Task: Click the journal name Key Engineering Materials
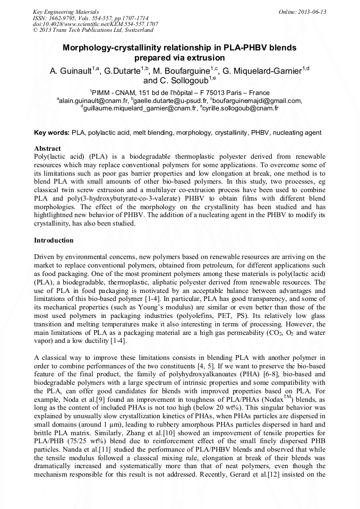click(x=66, y=12)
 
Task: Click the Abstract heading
click(x=47, y=148)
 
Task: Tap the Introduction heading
click(x=54, y=240)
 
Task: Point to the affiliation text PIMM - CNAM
click(x=115, y=92)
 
